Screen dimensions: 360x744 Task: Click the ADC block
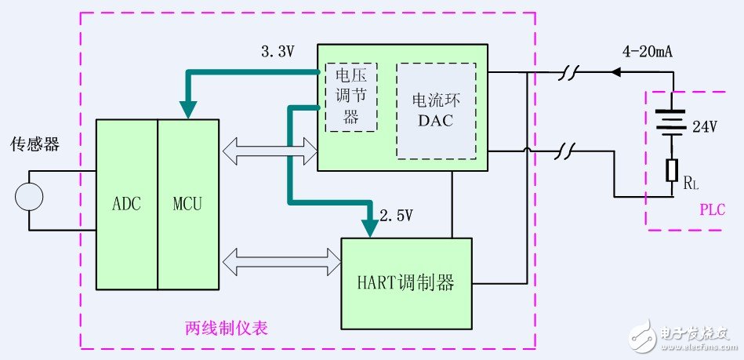coord(126,205)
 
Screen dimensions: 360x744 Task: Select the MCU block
coord(187,205)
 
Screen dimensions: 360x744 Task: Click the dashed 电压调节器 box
coord(351,97)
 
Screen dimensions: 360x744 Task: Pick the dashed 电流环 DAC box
coord(436,110)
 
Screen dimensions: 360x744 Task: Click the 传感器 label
coord(34,145)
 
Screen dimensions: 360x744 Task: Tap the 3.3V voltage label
coord(278,52)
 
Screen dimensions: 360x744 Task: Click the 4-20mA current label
coord(648,53)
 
